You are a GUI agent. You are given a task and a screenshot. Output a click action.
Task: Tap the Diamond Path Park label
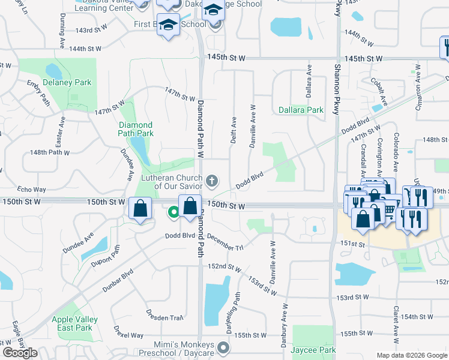pos(135,129)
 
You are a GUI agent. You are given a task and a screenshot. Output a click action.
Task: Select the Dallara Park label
pos(301,110)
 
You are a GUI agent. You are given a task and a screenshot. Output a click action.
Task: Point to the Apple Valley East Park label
pos(72,323)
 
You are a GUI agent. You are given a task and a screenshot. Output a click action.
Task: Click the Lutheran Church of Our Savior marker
pos(211,181)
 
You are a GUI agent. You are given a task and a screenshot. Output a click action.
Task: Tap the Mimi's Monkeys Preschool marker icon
pos(223,347)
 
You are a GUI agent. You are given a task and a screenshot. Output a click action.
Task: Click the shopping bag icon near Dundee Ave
pos(140,209)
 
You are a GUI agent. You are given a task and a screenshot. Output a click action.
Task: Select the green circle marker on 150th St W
pos(173,211)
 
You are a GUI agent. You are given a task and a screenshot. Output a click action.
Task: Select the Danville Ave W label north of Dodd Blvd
pos(253,124)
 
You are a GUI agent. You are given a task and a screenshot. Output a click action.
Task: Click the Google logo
pos(20,352)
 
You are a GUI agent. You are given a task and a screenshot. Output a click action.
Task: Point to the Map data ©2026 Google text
pos(412,355)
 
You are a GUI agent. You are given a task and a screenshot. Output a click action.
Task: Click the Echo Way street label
pos(32,189)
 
